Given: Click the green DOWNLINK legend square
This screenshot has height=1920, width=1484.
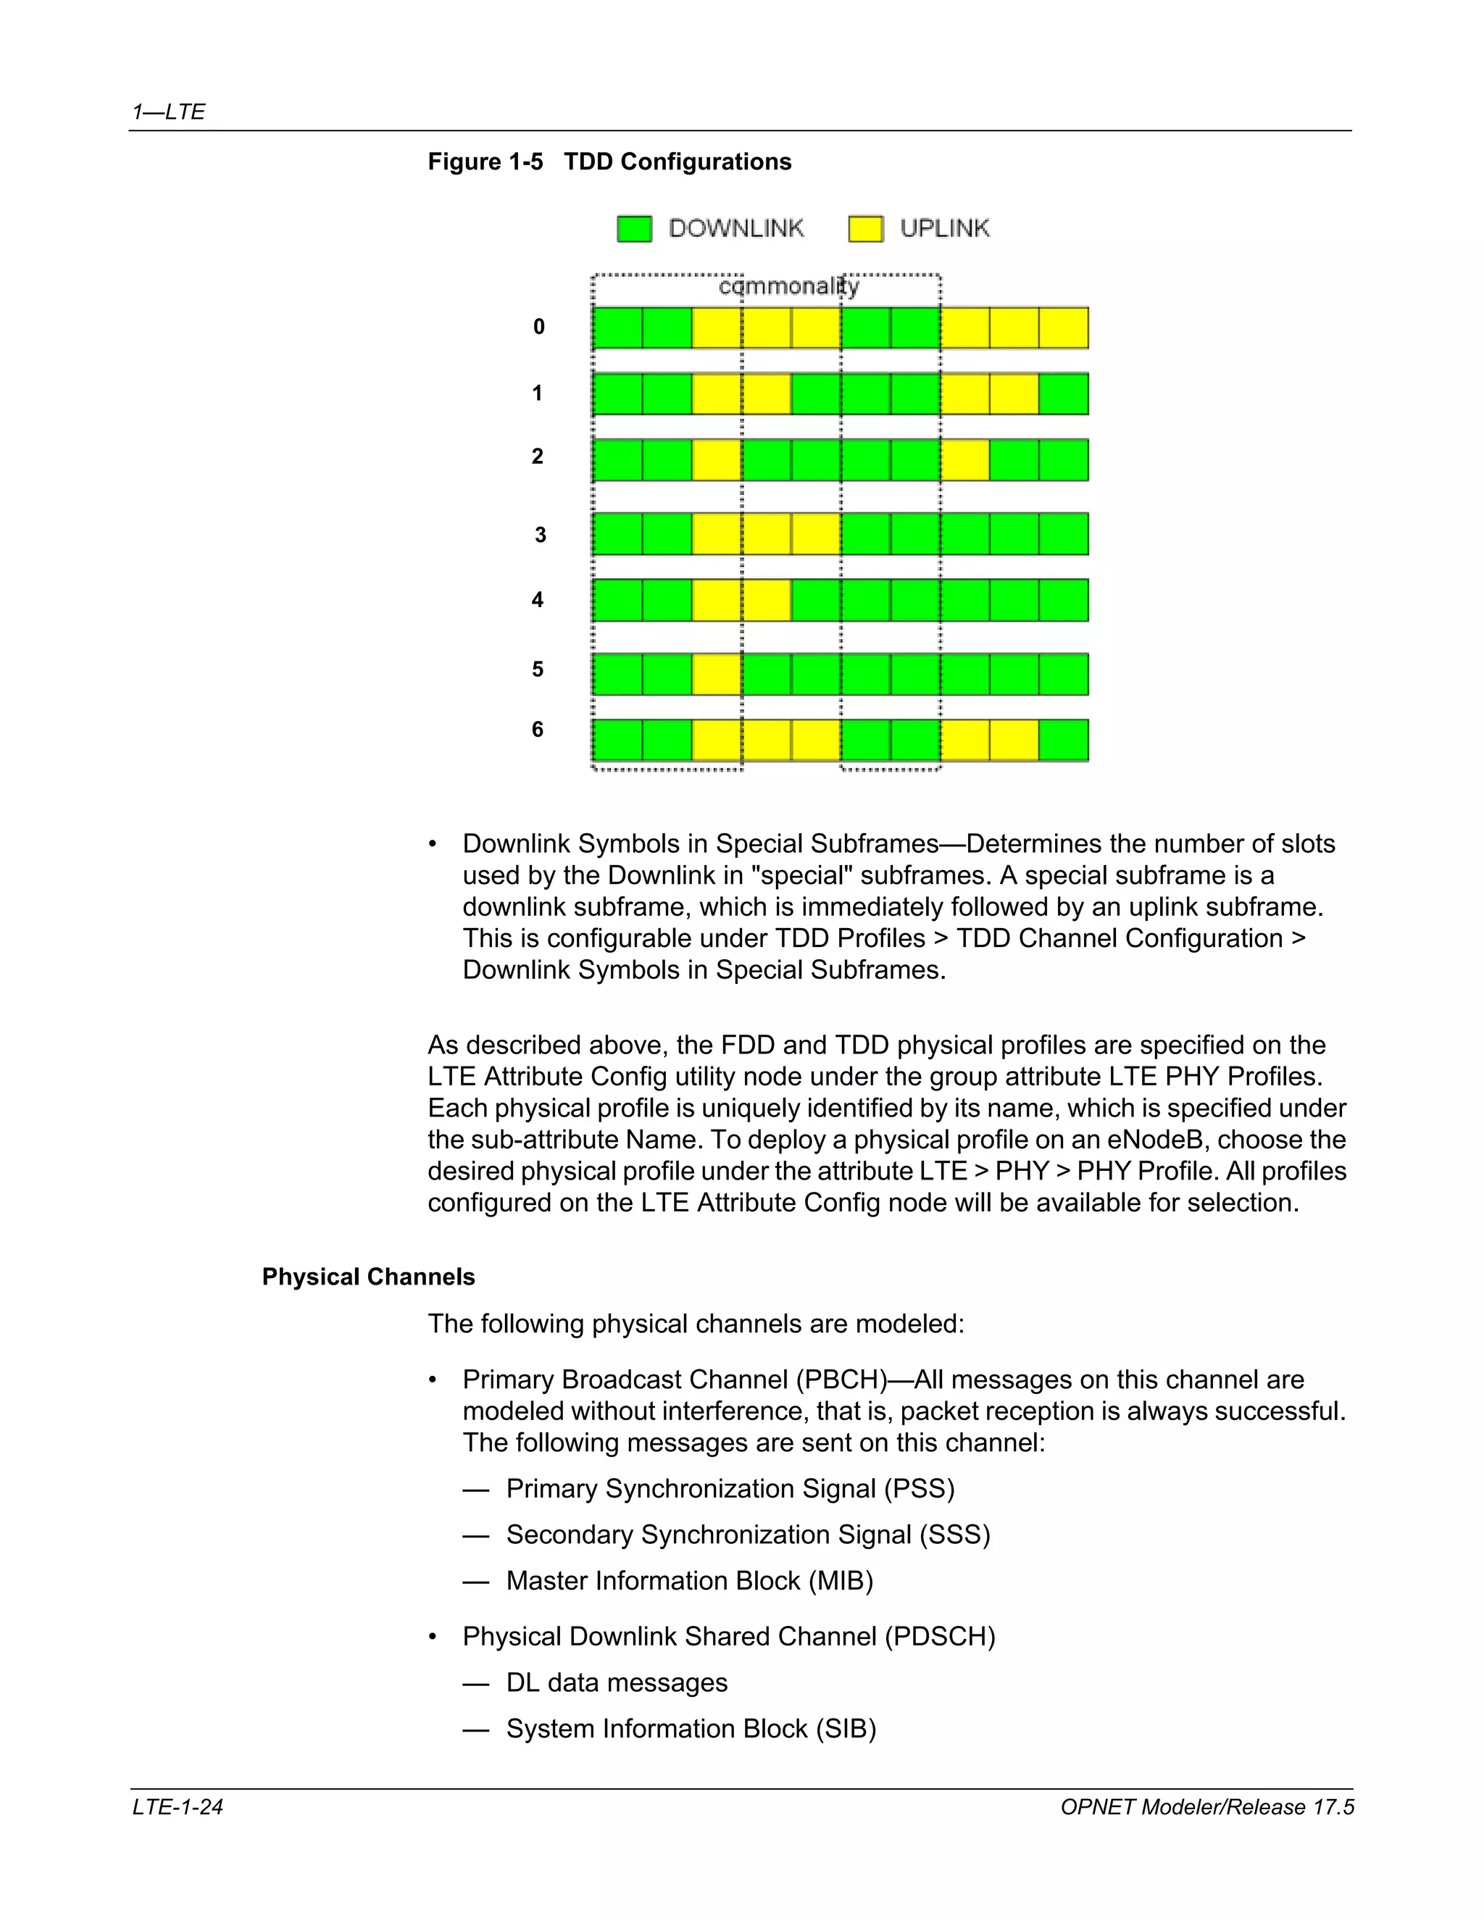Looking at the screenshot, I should (634, 228).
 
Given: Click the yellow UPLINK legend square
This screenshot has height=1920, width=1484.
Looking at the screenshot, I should (865, 228).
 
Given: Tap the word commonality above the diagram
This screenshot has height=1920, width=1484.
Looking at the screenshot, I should (788, 287).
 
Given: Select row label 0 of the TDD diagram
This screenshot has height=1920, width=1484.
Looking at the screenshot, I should (539, 327).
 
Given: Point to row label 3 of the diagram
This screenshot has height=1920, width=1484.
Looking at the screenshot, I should (540, 535).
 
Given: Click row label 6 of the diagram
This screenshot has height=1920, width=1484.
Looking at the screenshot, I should (537, 729).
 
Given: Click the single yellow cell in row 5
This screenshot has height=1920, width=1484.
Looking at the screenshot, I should (717, 675).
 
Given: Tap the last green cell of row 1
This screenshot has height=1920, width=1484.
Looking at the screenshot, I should (1063, 394).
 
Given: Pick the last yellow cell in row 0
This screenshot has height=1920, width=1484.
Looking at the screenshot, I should (1063, 328).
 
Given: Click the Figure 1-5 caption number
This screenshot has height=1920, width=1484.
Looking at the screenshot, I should (485, 162).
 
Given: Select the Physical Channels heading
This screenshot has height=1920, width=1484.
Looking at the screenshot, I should (368, 1277).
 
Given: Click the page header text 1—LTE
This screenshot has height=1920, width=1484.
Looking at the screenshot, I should (169, 112).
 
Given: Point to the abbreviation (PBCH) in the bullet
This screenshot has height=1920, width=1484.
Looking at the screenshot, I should (845, 1380).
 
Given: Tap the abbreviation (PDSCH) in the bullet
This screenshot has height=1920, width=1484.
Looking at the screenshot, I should (940, 1636).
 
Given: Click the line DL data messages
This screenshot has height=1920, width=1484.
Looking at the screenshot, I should (617, 1682).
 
